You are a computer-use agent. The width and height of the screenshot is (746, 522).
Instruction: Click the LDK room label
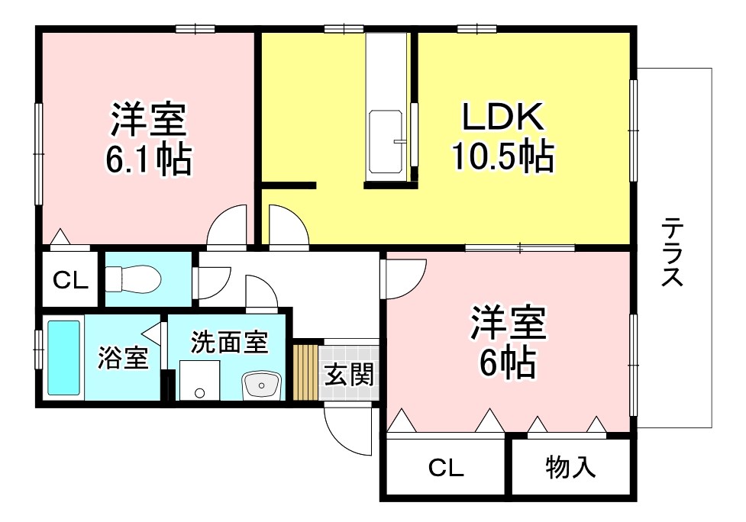pos(503,116)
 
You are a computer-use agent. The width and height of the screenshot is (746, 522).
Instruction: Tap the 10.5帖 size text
pos(503,156)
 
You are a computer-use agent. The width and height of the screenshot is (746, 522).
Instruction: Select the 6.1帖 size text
pos(148,159)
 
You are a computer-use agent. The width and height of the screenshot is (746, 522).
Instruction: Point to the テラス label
pos(672,252)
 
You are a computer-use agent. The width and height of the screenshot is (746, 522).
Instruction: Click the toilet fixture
pos(133,279)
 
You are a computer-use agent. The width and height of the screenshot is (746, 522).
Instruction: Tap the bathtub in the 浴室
pos(63,358)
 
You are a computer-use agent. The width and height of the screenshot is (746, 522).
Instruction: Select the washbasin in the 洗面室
pos(262,385)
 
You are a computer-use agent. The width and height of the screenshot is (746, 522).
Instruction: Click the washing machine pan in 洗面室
pos(199,380)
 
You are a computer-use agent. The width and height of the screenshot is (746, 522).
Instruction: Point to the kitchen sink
pos(386,142)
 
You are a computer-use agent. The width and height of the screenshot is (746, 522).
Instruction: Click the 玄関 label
pos(349,375)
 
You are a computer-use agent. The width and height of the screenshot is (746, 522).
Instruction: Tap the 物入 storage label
pos(570,467)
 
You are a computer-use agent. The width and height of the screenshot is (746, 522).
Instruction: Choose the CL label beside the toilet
pos(70,281)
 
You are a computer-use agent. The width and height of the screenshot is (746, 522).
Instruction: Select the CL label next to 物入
pos(446,469)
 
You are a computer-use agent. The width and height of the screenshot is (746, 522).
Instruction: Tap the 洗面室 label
pos(230,342)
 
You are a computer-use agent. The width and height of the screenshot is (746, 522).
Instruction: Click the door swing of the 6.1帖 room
pos(228,227)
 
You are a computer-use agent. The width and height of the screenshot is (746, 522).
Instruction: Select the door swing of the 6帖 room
pos(405,279)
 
